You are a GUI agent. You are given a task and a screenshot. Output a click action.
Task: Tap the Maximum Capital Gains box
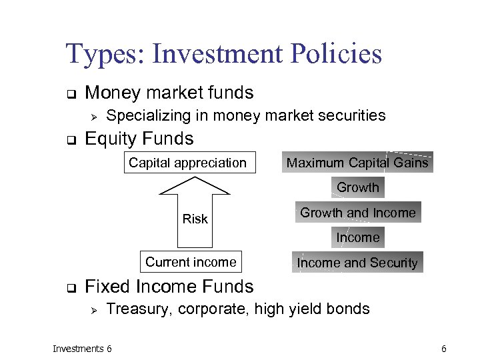[x=357, y=163]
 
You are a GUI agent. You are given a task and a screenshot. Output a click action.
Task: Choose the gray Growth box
[x=357, y=188]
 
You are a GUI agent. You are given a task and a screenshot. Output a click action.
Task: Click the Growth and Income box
[x=357, y=213]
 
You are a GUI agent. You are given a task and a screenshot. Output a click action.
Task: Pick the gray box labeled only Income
[x=357, y=238]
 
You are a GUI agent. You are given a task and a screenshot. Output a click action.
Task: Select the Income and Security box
[x=357, y=263]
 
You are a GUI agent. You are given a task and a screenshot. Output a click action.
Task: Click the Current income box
[x=191, y=262]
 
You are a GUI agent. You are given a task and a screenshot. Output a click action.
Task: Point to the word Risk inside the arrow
[x=195, y=219]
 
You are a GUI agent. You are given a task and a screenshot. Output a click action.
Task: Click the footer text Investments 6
[x=82, y=349]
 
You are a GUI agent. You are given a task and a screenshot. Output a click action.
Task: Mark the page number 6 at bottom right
[x=443, y=349]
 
